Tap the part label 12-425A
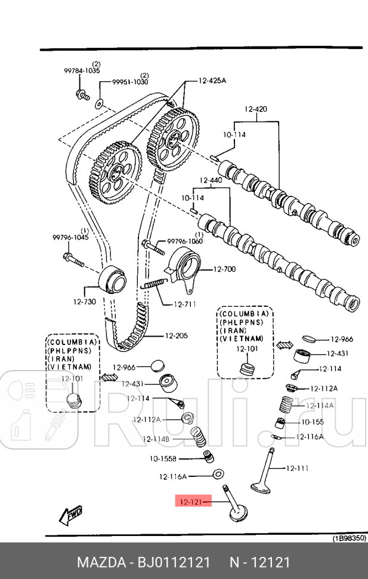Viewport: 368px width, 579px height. point(212,81)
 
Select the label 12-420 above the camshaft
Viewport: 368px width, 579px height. point(256,109)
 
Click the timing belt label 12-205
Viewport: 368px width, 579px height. point(176,335)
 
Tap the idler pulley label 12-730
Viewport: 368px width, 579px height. point(84,301)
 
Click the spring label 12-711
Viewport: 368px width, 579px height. point(185,304)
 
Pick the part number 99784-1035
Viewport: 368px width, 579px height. point(82,70)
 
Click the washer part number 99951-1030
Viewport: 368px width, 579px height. point(131,82)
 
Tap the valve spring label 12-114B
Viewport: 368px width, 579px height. point(156,439)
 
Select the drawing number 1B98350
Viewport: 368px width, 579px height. point(349,538)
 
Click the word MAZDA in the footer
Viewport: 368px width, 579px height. point(100,563)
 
